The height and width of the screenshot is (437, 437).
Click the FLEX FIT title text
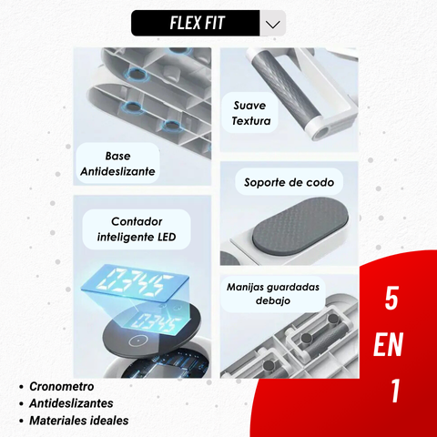click(x=198, y=23)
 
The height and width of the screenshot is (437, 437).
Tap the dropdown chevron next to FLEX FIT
click(x=272, y=24)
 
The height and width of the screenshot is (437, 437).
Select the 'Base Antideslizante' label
click(x=117, y=164)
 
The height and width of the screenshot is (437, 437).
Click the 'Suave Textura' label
click(x=250, y=113)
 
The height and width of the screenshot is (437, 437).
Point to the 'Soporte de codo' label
click(x=289, y=182)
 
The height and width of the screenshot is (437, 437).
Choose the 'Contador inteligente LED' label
click(x=137, y=229)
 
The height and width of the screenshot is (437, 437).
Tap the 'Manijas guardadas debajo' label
click(x=273, y=293)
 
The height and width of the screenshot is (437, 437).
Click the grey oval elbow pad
click(x=300, y=226)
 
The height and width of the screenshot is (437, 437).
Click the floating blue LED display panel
click(x=135, y=283)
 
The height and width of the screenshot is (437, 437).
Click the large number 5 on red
click(x=391, y=299)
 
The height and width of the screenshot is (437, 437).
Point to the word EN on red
click(x=388, y=344)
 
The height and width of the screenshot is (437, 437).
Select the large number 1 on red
click(x=395, y=391)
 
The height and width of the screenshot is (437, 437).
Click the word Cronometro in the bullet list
click(x=62, y=387)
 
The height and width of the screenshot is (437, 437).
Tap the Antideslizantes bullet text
click(x=71, y=403)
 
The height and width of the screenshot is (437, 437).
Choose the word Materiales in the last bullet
click(x=57, y=421)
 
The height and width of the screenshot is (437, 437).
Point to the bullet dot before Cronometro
click(x=21, y=387)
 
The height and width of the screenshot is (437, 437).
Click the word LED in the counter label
click(x=167, y=237)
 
